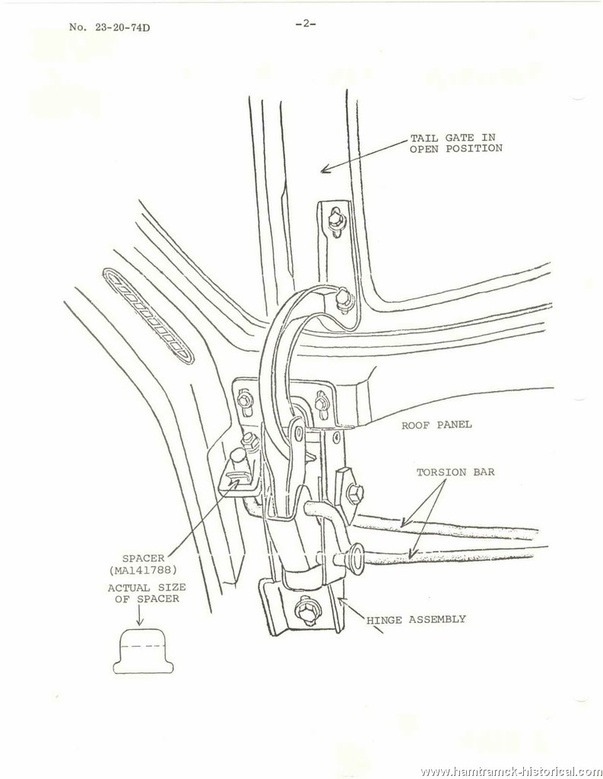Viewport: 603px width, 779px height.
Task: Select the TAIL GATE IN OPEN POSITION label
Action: (x=455, y=143)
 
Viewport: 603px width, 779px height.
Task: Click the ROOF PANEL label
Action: (x=436, y=424)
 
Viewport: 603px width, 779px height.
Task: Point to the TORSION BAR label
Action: (x=455, y=472)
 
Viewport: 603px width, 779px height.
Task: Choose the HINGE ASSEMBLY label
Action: (x=416, y=619)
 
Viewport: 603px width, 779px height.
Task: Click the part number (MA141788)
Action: (x=142, y=569)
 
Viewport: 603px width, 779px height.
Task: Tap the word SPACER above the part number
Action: (x=143, y=558)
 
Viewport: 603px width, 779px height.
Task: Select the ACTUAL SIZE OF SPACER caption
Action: (x=147, y=593)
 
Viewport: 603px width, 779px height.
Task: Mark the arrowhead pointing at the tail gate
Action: (x=325, y=170)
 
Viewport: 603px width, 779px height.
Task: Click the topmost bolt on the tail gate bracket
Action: (x=335, y=218)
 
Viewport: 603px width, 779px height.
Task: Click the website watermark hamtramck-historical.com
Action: (x=511, y=771)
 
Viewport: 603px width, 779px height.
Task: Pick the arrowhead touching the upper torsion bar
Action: (x=405, y=522)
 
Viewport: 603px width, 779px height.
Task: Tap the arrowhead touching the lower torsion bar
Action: (x=411, y=553)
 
